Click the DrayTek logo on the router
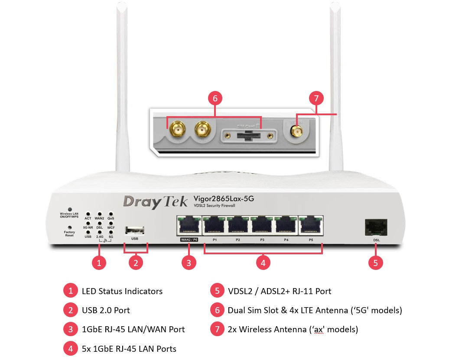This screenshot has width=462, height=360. click(155, 201)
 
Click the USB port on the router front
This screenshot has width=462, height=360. click(135, 230)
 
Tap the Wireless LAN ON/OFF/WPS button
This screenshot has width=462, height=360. click(69, 209)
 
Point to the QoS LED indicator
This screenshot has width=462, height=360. click(111, 214)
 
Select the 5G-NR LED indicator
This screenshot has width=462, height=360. click(88, 223)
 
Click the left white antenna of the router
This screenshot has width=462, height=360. click(122, 87)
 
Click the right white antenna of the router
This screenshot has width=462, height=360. click(336, 87)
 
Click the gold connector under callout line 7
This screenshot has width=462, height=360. click(296, 132)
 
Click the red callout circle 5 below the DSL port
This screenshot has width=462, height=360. click(376, 263)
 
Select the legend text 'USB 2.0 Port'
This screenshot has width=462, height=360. click(106, 310)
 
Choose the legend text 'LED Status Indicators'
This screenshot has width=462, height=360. click(122, 291)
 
